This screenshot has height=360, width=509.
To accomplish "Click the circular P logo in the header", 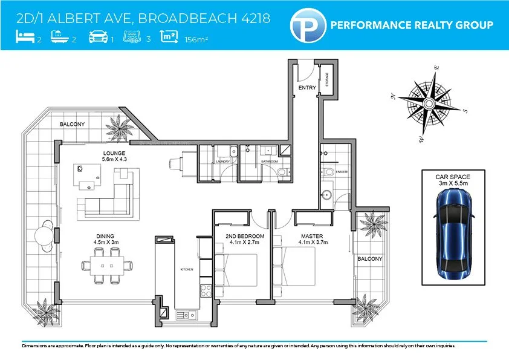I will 306,25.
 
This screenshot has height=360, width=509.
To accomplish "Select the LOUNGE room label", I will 114,153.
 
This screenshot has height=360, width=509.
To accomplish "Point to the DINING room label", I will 105,236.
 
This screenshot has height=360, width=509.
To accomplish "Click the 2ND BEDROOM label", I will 245,235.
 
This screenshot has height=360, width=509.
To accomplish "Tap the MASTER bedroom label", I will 313,235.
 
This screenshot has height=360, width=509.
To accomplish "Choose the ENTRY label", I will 308,88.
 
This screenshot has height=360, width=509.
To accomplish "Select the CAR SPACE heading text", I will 453,177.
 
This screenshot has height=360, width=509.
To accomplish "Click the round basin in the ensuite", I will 326,195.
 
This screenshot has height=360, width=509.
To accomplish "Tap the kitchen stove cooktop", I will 205,290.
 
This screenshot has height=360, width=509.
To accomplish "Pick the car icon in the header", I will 98,38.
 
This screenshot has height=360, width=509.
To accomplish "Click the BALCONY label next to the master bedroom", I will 370,259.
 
